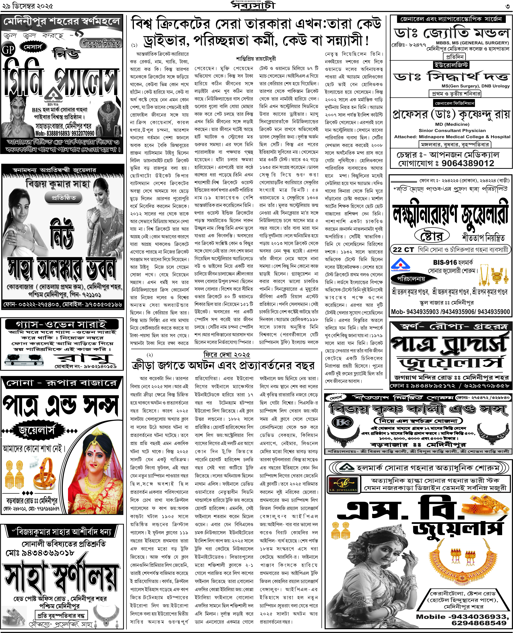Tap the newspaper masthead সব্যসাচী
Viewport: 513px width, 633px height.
253,5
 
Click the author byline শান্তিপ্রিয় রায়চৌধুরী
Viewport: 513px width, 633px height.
256,59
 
